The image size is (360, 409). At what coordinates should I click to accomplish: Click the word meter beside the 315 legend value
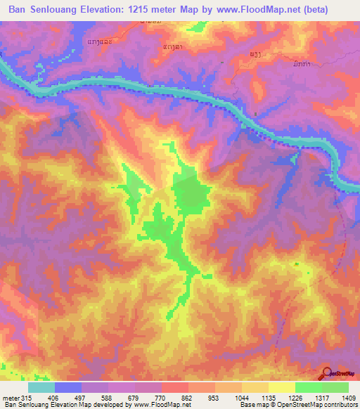point(10,397)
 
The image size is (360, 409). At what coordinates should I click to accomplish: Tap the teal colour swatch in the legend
point(41,387)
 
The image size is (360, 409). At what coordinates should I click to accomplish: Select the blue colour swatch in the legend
point(68,387)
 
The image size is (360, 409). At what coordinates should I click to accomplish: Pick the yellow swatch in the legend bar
point(281,387)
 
